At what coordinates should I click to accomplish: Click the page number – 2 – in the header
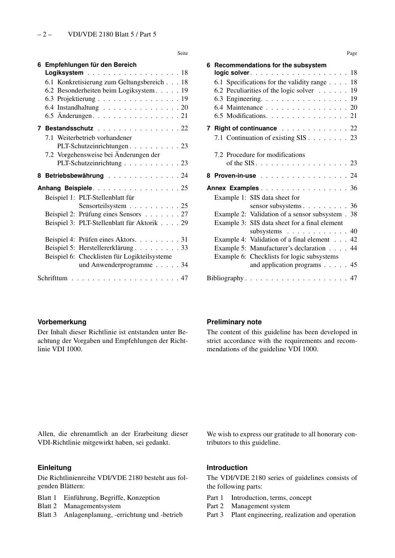(44, 34)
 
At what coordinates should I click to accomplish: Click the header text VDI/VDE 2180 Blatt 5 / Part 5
(112, 34)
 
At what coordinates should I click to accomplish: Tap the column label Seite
(183, 53)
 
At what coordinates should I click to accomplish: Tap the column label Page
(352, 53)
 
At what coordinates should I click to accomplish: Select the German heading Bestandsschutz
(69, 128)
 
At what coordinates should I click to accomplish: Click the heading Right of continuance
(245, 128)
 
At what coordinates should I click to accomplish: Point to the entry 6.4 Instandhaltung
(72, 108)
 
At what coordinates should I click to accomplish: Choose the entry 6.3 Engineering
(237, 99)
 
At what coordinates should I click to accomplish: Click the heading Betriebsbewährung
(74, 176)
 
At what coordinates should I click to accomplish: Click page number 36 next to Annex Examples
(353, 188)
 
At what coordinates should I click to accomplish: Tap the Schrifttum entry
(52, 278)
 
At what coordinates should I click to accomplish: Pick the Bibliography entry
(225, 278)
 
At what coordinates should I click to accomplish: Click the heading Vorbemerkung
(62, 322)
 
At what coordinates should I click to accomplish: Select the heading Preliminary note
(234, 322)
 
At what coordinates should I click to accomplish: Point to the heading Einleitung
(54, 467)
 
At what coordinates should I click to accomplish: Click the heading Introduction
(227, 467)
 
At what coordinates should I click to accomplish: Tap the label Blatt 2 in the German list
(47, 506)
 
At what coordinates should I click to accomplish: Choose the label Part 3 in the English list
(215, 515)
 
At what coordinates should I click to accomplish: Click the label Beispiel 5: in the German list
(60, 248)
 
